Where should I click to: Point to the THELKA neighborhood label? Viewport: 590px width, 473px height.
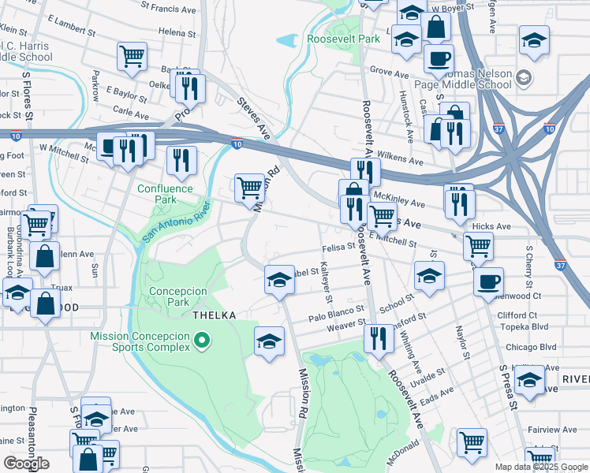point(215,315)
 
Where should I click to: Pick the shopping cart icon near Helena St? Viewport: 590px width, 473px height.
point(132,54)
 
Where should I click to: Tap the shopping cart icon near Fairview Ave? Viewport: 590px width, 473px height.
point(472,441)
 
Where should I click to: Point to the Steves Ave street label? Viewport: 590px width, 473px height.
point(253,119)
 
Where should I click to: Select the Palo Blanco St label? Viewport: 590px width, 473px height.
point(335,316)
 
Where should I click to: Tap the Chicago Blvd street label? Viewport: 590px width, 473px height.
point(532,347)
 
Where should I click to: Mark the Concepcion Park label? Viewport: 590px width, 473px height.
point(177,296)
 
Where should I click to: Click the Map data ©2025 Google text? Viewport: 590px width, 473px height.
point(540,467)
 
